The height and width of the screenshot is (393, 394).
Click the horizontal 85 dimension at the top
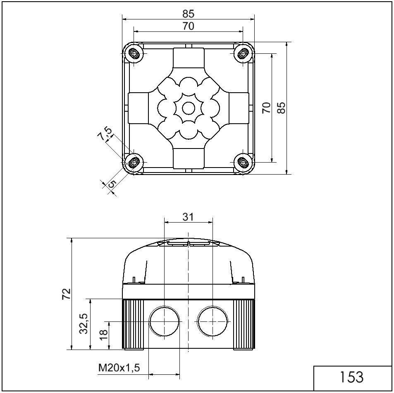coord(188,14)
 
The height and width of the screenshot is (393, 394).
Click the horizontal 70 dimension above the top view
coord(188,26)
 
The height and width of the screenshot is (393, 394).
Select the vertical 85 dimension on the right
coord(282,108)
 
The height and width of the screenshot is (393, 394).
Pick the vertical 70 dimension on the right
coord(267,108)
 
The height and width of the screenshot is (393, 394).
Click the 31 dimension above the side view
coord(188,217)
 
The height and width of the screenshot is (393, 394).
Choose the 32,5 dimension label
coord(84,324)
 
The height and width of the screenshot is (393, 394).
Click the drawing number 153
coord(352,377)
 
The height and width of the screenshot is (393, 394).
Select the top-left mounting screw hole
coord(134,54)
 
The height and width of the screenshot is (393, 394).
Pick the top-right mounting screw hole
coord(243,53)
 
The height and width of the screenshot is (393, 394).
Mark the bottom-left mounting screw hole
coord(134,163)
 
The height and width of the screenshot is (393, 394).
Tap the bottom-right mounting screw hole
coord(243,162)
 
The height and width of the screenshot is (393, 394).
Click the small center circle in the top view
coord(188,108)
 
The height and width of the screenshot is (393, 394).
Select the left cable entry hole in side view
coord(164,322)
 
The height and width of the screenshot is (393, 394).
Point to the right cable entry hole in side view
coord(213,322)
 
